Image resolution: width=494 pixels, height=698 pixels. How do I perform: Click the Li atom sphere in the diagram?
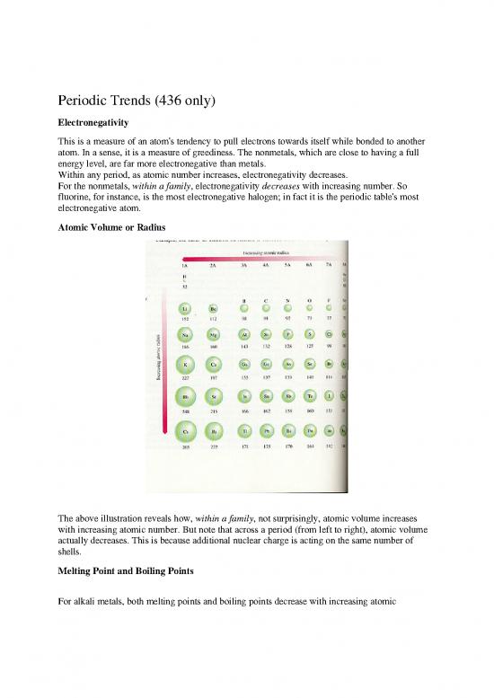pyautogui.click(x=184, y=309)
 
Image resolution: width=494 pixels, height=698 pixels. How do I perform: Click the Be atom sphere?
pyautogui.click(x=215, y=309)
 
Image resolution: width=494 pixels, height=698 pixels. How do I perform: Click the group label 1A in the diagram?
pyautogui.click(x=184, y=266)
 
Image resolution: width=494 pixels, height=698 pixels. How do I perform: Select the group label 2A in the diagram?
pyautogui.click(x=215, y=266)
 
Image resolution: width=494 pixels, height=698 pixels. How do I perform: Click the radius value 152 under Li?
pyautogui.click(x=184, y=321)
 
